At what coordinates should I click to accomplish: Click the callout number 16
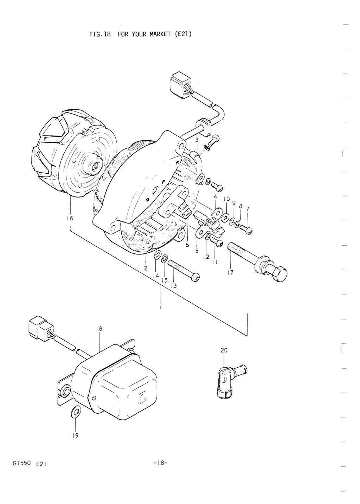[x=70, y=218]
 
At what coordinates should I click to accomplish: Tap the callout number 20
[x=224, y=350]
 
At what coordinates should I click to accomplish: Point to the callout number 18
[x=99, y=329]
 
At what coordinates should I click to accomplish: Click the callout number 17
[x=230, y=273]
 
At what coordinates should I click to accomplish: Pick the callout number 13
[x=173, y=286]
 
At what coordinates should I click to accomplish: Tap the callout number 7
[x=247, y=209]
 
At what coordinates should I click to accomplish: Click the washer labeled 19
[x=75, y=412]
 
